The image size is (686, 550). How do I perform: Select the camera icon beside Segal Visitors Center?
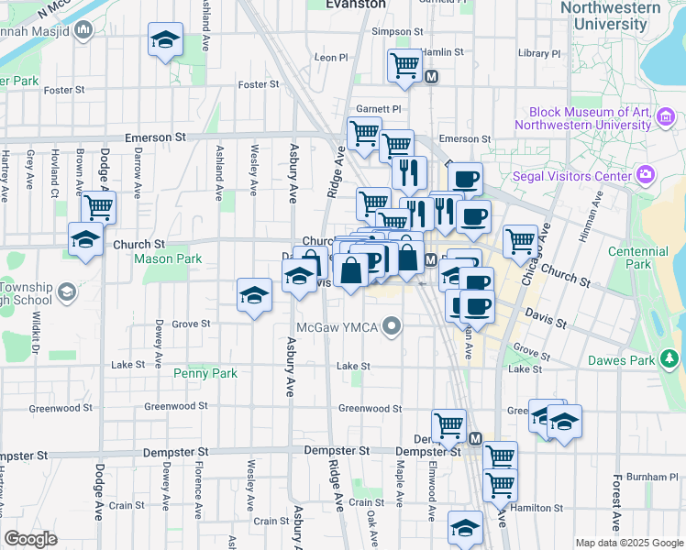646,174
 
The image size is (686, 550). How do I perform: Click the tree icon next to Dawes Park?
669,360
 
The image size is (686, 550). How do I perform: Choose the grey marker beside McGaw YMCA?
393,326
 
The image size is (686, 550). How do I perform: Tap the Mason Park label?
168,259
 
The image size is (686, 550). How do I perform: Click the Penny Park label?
205,373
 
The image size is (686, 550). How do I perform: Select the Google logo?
30,538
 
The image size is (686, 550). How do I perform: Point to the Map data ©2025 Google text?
629,543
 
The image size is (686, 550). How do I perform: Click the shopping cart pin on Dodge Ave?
98,207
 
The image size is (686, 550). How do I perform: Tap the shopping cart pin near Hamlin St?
404,66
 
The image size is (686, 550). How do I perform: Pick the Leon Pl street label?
331,57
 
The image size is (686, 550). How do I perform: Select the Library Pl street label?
537,53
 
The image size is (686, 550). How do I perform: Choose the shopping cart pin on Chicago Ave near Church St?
520,242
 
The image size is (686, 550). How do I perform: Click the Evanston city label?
356,5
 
